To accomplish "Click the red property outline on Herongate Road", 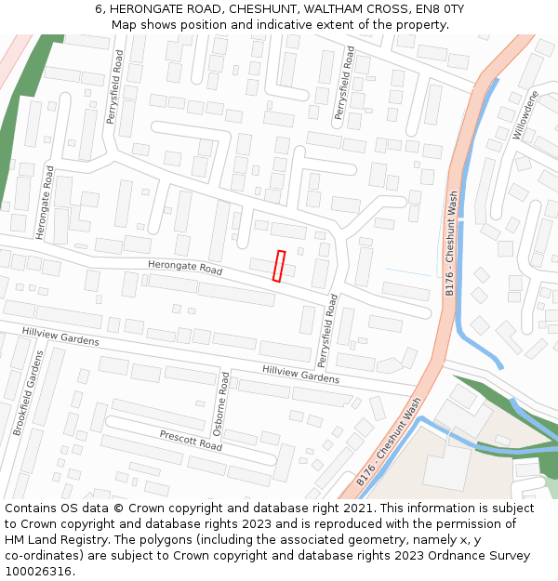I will point(278,266).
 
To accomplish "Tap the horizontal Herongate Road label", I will point(186,269).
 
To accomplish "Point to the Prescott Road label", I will point(191,440).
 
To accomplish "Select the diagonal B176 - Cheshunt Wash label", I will point(390,442).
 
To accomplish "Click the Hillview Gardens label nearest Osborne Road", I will point(300,374).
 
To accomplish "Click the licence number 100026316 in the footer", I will point(38,572).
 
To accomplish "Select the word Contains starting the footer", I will point(33,508).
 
